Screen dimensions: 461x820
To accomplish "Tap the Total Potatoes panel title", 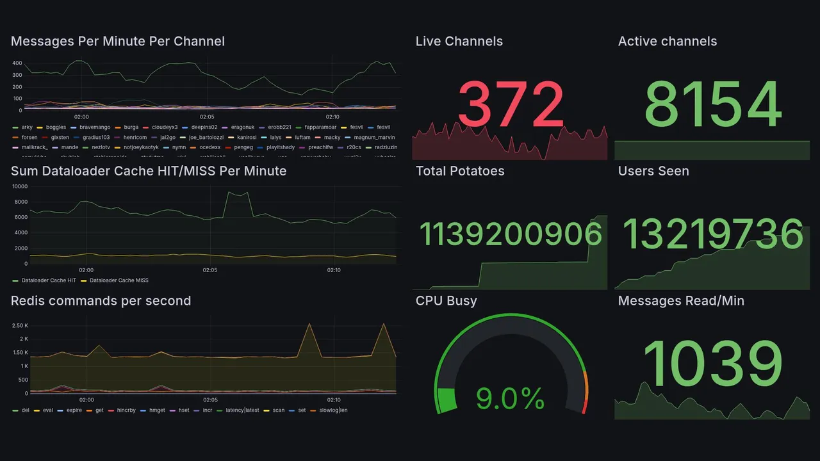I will (459, 171).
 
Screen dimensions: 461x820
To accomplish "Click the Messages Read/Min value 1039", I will (712, 364).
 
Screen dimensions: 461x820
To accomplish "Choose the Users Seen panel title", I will (653, 171).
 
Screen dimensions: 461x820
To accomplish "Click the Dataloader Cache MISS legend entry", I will (119, 280).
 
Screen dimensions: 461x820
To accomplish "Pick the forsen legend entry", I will (29, 137).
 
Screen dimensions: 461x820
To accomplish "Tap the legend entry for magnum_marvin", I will (374, 137).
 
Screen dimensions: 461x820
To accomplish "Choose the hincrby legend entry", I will (125, 410).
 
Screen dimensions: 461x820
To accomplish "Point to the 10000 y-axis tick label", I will (19, 186).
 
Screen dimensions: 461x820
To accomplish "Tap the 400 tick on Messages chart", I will (18, 63).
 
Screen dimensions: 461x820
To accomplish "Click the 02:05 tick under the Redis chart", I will (210, 400).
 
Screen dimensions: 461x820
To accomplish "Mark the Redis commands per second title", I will (101, 301).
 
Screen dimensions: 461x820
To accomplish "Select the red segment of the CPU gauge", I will (584, 406).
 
